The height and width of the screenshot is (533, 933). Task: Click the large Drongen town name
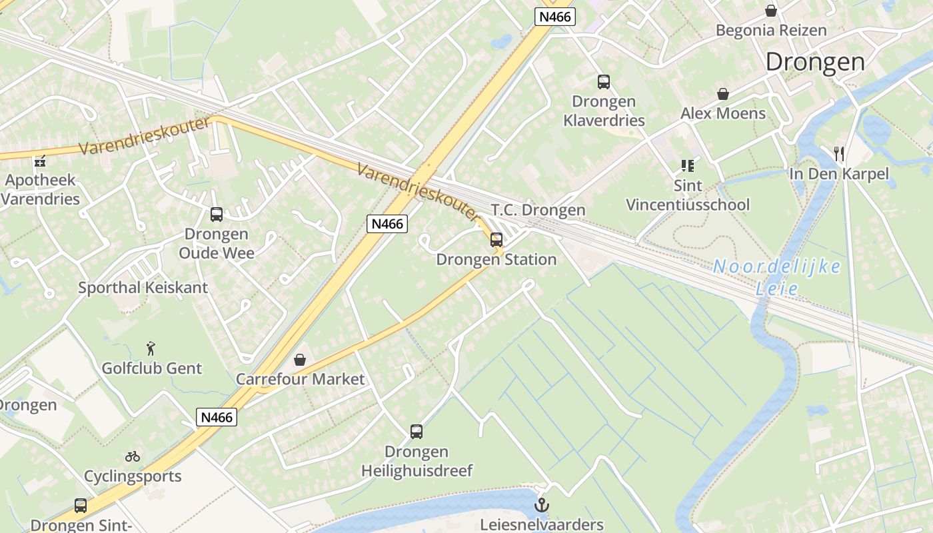814,61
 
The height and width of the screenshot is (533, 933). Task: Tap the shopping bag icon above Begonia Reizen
771,11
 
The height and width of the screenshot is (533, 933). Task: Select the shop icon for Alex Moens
722,94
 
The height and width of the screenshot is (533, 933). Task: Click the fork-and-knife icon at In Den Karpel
839,154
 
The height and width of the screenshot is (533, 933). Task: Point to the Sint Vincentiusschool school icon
687,165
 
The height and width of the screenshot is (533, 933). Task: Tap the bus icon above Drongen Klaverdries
604,82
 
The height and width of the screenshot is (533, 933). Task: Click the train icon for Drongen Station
496,240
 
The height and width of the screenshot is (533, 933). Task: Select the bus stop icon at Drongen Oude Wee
217,215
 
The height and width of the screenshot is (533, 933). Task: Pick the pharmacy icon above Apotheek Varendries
40,161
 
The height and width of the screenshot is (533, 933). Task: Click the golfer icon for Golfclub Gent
152,348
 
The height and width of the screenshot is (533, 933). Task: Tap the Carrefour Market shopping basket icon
300,360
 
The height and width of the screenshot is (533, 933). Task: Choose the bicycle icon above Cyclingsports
133,456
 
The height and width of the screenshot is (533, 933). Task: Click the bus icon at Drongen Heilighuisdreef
417,432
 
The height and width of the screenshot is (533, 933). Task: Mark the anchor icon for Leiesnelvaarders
542,505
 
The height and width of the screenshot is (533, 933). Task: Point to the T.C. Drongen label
538,210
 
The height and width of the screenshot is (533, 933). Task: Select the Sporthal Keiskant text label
143,288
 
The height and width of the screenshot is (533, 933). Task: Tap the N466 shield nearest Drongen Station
387,223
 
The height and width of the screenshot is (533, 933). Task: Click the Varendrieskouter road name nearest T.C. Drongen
417,193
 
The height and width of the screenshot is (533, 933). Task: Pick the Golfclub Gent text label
152,368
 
